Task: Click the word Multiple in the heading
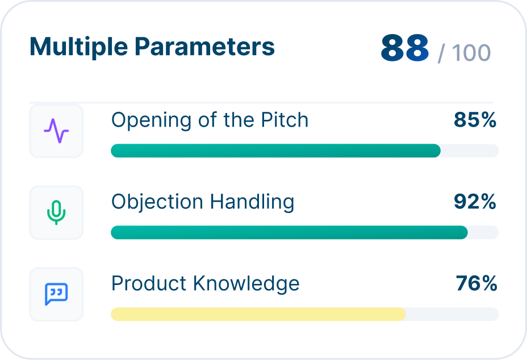[78, 47]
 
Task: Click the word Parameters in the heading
[204, 46]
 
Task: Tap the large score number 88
[405, 48]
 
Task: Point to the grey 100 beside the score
[471, 53]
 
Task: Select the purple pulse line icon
[56, 131]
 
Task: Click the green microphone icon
[56, 212]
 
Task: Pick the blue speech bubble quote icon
[56, 294]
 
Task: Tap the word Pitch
[285, 120]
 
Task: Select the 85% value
[475, 120]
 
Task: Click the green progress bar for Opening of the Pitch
[275, 150]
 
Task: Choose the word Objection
[157, 203]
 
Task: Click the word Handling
[252, 203]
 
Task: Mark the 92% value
[475, 202]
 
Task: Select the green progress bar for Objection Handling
[290, 232]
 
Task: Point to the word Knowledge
[246, 284]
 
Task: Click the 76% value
[476, 283]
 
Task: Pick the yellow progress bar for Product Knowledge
[258, 314]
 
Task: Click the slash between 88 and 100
[441, 53]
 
